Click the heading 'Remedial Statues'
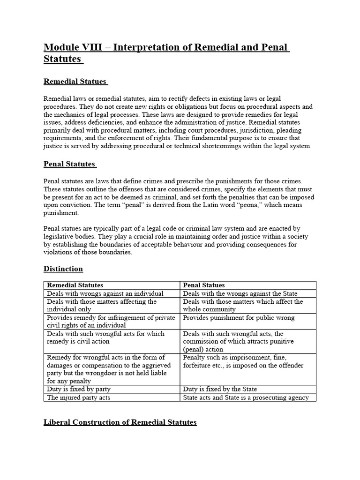[75, 82]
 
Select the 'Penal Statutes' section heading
[69, 164]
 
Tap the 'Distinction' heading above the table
[63, 269]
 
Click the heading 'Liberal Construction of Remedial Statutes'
[120, 422]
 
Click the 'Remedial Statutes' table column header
[75, 285]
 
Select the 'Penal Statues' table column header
[204, 285]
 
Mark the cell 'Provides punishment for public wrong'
[239, 318]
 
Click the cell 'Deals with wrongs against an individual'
[105, 293]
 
